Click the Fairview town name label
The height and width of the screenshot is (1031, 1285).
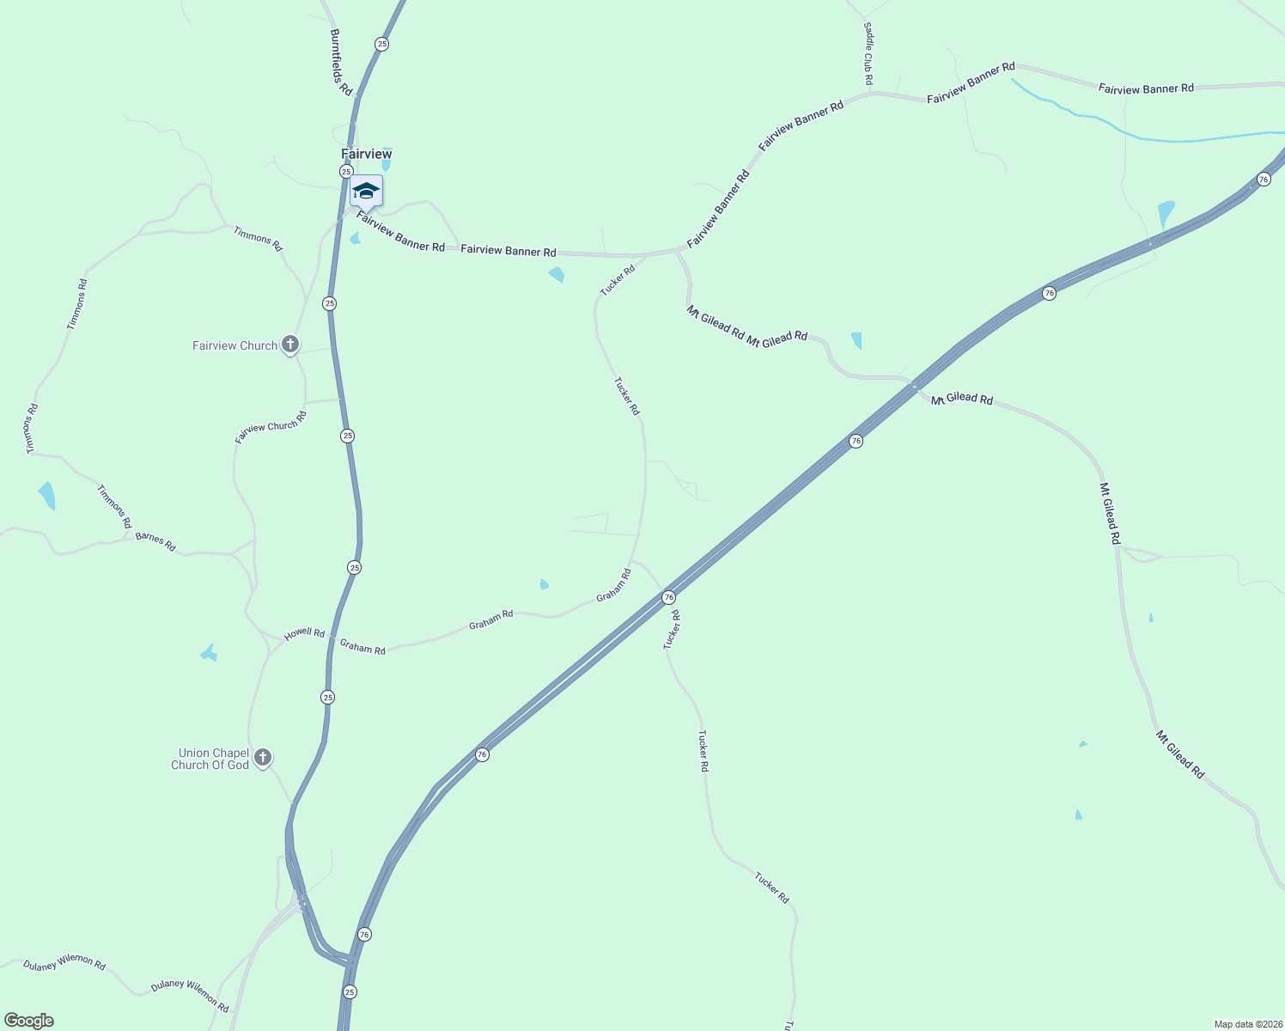click(367, 154)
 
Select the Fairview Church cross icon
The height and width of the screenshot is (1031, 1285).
click(290, 345)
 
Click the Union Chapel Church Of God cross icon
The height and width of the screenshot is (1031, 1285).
click(263, 758)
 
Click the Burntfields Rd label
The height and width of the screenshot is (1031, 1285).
click(341, 62)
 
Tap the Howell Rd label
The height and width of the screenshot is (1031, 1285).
click(305, 633)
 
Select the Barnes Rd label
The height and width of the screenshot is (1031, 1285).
click(155, 542)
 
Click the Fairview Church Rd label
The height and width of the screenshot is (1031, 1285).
click(271, 427)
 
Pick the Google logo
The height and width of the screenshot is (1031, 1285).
click(29, 1021)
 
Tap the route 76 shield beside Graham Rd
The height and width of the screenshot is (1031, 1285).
click(668, 597)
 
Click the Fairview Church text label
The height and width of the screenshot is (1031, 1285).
click(234, 345)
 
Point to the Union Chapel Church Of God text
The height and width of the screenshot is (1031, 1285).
click(210, 759)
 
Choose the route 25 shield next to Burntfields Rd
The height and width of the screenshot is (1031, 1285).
click(381, 44)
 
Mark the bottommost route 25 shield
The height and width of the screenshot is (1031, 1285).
click(349, 991)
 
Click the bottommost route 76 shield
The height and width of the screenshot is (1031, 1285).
click(364, 934)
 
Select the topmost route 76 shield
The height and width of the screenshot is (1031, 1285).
click(1263, 179)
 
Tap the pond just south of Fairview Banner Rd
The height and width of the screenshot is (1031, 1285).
click(557, 274)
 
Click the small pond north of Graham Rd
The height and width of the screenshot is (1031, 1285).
click(544, 585)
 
